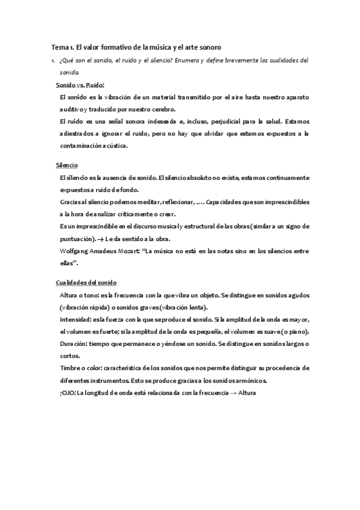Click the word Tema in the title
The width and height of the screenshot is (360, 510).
[x=59, y=47]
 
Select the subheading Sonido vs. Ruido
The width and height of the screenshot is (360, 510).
[x=80, y=85]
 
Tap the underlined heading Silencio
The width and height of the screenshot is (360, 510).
[x=66, y=165]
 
